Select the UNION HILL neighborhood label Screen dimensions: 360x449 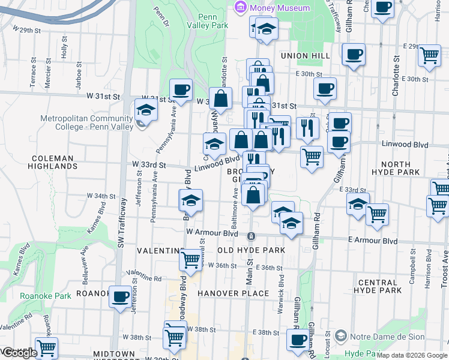pyautogui.click(x=305, y=56)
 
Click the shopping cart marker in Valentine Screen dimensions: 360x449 pyautogui.click(x=190, y=260)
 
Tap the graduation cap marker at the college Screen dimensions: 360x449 pyautogui.click(x=146, y=109)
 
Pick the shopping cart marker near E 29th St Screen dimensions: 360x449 pyautogui.click(x=429, y=55)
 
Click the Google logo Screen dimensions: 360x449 pyautogui.click(x=19, y=353)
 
